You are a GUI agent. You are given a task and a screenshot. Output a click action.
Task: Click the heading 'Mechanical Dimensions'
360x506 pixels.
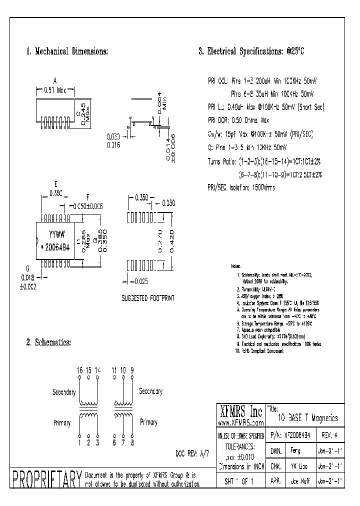[70, 51]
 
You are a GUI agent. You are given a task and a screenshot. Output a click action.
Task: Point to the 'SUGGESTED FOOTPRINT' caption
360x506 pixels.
[148, 298]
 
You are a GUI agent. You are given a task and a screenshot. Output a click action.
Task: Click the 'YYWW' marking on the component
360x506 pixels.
[55, 233]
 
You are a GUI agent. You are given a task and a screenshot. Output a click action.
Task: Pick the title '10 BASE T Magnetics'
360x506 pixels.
[307, 418]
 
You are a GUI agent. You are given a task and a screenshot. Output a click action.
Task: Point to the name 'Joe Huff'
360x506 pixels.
[293, 481]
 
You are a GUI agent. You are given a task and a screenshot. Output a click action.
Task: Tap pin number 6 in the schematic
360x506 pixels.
[114, 442]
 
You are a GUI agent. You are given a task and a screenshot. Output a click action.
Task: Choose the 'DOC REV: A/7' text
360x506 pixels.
[192, 453]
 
